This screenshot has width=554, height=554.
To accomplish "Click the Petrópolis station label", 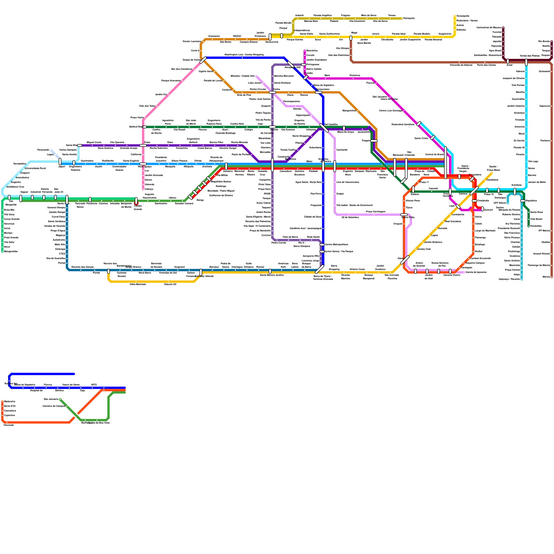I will pos(409,18).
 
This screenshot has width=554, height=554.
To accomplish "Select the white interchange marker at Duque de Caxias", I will pos(203,60).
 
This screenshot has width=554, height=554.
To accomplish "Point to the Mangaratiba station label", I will pos(11,251).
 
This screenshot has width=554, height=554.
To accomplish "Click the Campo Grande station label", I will pos(138,207).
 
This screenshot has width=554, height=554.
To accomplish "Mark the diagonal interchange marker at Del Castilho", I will pos(324,128).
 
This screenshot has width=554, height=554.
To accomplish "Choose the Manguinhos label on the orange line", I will pos(349,110).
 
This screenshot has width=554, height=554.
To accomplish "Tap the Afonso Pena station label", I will pos(412,200).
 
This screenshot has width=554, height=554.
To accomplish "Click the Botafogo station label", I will pos(480,244).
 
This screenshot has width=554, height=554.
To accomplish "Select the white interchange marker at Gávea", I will pos(405,260).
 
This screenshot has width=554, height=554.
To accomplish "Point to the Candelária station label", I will pos(492,180).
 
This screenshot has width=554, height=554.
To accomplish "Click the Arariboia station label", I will pos(516,185).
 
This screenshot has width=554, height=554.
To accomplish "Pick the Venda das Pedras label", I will pos(529,56).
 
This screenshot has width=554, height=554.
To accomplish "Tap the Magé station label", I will pos(354,33).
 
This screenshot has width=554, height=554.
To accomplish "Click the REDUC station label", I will pos(237,36).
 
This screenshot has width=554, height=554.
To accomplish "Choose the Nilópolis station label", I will pos(189,167).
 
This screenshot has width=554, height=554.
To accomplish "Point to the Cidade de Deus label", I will pos(313,217).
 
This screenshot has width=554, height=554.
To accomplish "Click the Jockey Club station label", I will pos(424,249).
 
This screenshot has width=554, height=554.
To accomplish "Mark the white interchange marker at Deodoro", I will pos(226,166).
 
